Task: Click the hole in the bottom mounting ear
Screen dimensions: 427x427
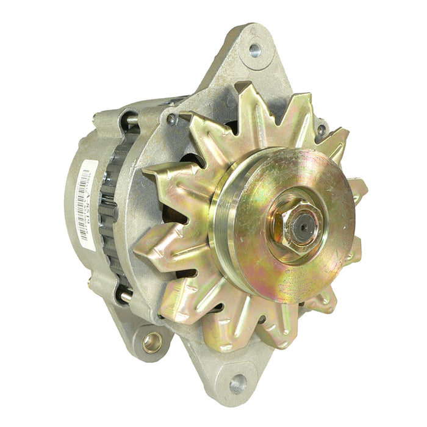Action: coord(237,384)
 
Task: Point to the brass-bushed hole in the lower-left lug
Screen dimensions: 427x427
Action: coord(152,342)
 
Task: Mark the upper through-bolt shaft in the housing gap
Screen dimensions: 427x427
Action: coord(130,121)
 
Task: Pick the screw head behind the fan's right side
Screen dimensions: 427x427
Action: coord(321,129)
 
